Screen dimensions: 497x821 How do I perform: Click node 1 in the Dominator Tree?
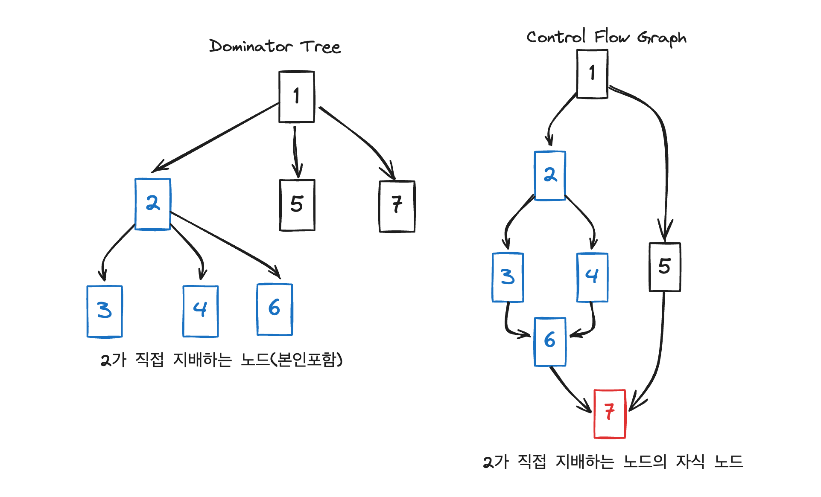tap(296, 97)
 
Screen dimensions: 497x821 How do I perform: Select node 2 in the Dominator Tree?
tap(152, 204)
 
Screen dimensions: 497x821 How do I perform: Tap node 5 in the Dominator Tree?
tap(297, 205)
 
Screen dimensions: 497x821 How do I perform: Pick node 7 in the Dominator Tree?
tap(397, 206)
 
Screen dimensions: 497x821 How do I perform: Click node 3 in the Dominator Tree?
tap(105, 311)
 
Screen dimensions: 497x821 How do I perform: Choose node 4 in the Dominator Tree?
tap(200, 311)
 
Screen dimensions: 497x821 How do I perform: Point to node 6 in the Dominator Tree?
tap(275, 309)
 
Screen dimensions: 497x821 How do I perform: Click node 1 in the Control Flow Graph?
tap(592, 74)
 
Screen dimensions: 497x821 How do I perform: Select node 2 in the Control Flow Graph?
tap(550, 175)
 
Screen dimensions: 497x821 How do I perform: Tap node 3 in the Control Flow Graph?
tap(508, 277)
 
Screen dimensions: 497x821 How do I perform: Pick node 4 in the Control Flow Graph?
tap(592, 277)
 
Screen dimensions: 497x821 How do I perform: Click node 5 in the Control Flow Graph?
tap(664, 267)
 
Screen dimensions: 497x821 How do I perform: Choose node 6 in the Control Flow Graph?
tap(550, 341)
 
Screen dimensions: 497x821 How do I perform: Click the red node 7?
tap(609, 413)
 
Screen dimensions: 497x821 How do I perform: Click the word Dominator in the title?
tap(251, 46)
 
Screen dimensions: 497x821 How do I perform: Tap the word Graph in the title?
tap(662, 38)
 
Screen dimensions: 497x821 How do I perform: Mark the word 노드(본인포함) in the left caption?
tap(292, 360)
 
